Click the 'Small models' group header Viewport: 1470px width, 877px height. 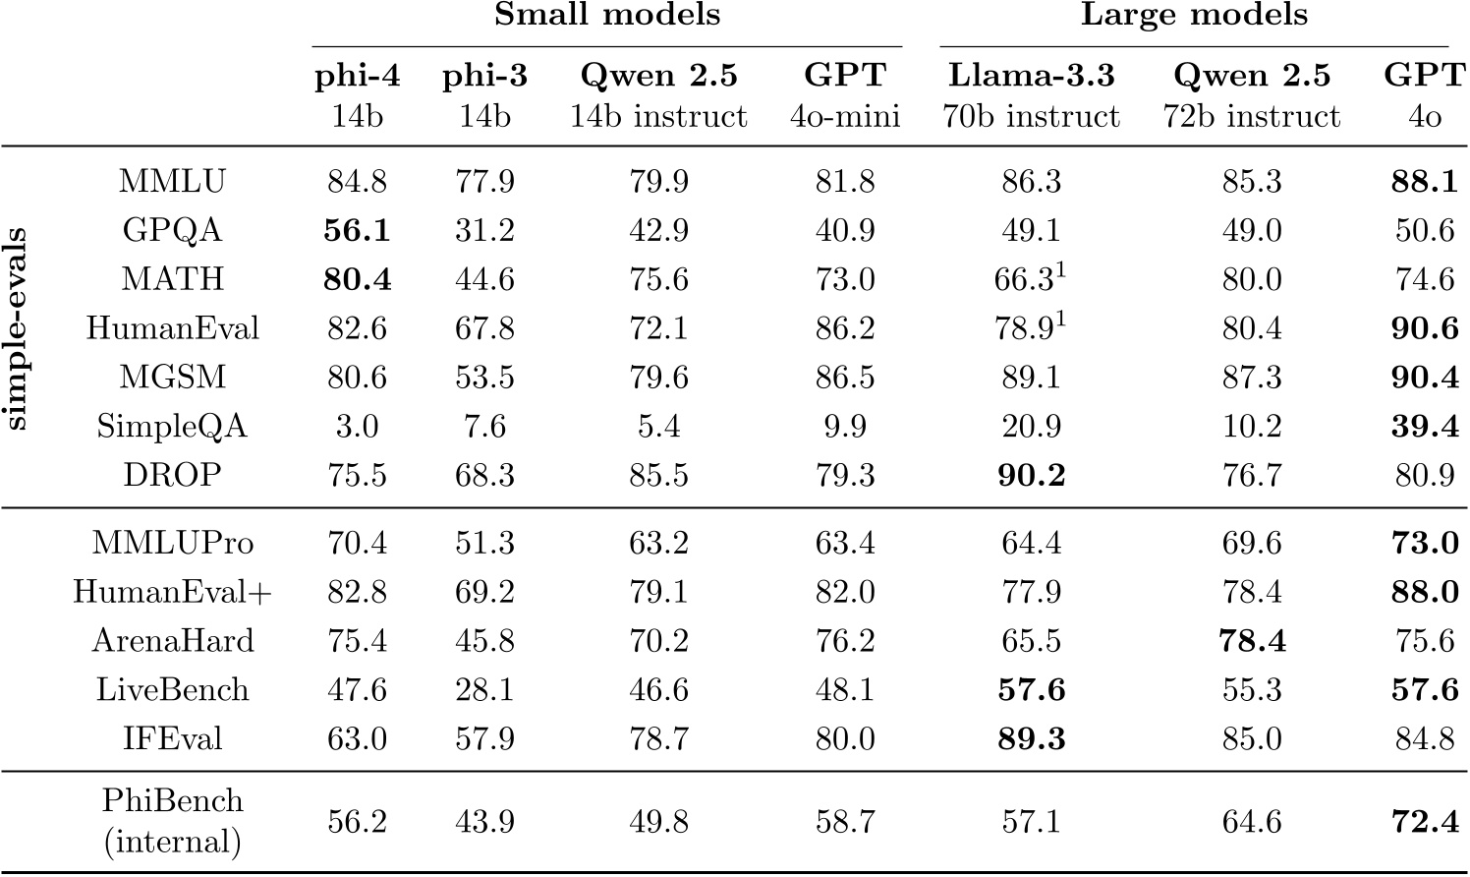pos(606,16)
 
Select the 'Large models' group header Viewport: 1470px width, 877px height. pos(1194,16)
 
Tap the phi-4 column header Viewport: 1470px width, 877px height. pos(356,77)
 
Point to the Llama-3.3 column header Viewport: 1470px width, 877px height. pos(1031,77)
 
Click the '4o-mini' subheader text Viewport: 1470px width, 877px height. pos(845,117)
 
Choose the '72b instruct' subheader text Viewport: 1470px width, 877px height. pos(1251,117)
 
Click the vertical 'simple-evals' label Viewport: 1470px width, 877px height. pos(18,329)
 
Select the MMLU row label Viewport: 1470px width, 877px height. pos(172,181)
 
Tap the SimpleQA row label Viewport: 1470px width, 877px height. pos(172,427)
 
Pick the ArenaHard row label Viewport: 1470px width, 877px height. pos(172,641)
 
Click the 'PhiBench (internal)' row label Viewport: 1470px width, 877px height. pos(172,821)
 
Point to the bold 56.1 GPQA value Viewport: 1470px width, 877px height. pos(356,230)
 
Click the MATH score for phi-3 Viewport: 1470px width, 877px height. pos(484,279)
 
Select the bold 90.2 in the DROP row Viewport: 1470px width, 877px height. pos(1031,476)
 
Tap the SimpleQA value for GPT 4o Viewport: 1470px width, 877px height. pos(1424,427)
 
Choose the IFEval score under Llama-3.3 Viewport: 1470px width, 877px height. pos(1031,739)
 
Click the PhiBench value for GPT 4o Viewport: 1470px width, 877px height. pos(1424,821)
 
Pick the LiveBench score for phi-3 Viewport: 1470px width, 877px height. pos(484,690)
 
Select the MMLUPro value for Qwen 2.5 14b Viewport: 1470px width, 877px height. pos(658,543)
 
